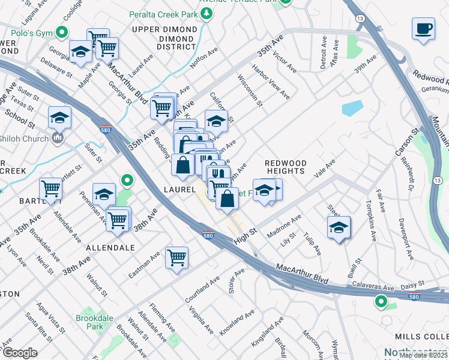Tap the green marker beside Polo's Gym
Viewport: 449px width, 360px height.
61,32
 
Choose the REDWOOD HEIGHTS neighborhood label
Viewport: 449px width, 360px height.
286,167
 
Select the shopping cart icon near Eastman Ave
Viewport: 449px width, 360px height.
176,258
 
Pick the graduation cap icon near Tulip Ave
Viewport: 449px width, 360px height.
339,227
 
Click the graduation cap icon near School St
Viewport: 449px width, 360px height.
59,118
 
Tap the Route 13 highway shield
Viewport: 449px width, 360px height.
360,19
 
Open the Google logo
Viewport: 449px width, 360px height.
20,353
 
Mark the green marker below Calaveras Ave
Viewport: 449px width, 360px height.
380,301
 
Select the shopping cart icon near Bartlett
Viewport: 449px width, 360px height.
51,189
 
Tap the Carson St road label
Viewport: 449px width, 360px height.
406,140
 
